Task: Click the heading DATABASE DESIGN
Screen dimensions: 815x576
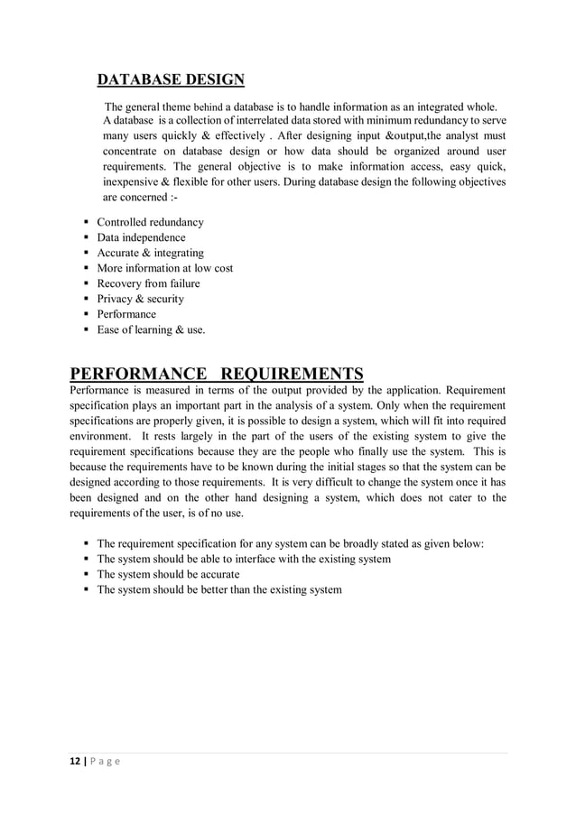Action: point(171,79)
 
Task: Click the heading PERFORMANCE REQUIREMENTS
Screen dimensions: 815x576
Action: point(217,374)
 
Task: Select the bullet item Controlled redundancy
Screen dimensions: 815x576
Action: point(150,222)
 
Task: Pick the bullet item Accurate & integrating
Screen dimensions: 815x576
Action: point(150,253)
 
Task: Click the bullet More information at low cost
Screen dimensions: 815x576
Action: point(164,268)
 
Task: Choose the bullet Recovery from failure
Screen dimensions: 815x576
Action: point(148,283)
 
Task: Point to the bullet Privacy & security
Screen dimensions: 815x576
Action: point(140,299)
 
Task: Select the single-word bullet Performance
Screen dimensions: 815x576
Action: point(126,314)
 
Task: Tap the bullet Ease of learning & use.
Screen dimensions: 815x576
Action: point(151,329)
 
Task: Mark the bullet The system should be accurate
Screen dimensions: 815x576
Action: point(168,574)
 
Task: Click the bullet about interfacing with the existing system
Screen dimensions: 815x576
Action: point(244,559)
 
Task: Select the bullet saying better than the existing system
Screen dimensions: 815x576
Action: point(219,589)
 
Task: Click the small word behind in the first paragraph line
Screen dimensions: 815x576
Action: point(209,109)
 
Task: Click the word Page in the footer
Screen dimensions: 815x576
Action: point(107,761)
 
